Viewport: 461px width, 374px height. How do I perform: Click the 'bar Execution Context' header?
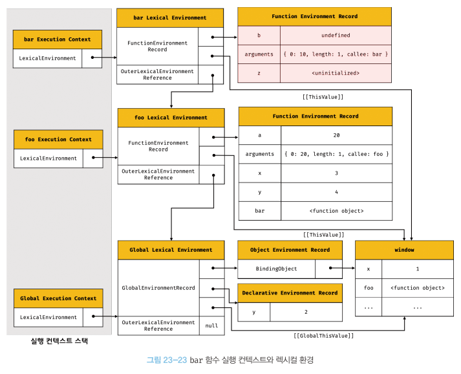click(58, 39)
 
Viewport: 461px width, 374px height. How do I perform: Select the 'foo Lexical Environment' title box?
click(171, 118)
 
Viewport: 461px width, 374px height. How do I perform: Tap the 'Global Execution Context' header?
click(58, 298)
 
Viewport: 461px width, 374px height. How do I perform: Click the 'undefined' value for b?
click(336, 36)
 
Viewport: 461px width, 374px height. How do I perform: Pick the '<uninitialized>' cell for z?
click(336, 73)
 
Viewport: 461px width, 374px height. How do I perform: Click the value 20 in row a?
click(336, 135)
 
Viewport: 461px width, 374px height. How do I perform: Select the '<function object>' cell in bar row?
click(336, 211)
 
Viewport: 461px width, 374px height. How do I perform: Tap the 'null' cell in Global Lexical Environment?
click(211, 325)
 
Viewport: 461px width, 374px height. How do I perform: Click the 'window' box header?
click(404, 250)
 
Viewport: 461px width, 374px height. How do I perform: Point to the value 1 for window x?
click(418, 269)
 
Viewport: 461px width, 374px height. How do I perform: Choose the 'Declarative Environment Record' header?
click(290, 293)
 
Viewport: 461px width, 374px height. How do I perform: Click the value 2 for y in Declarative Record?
click(306, 312)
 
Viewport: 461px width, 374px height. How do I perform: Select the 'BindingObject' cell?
click(276, 269)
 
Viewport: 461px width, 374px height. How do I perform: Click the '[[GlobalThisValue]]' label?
click(323, 336)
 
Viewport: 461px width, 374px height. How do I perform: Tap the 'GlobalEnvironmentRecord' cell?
click(158, 288)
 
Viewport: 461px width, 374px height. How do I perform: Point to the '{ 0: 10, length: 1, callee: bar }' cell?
click(336, 54)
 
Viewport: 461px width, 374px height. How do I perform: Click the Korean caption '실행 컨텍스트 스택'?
click(59, 341)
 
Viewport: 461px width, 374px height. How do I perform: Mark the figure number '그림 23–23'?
click(167, 360)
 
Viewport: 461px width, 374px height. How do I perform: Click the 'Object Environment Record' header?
click(290, 250)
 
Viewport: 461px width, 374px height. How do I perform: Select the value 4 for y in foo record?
click(336, 192)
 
